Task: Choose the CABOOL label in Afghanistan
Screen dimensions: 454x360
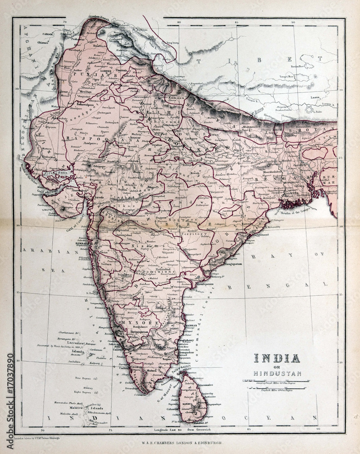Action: click(48, 34)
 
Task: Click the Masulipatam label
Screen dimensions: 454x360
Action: click(198, 284)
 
